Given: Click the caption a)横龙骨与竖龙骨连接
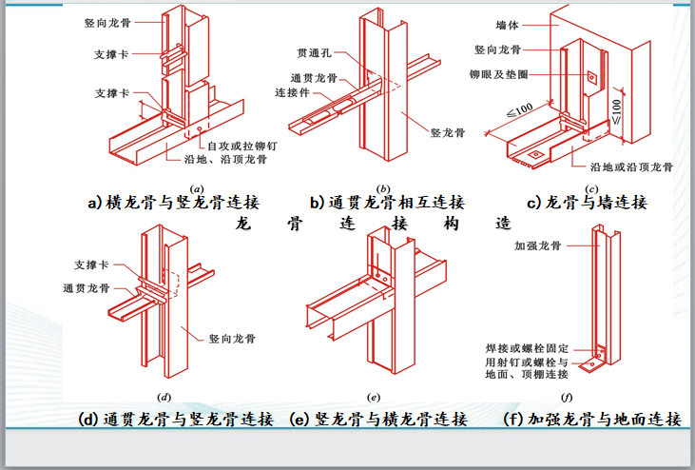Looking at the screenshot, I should point(173,203).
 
